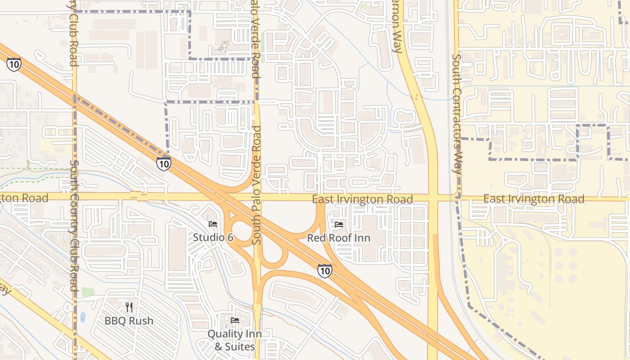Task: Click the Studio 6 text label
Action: [213, 237]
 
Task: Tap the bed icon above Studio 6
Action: [213, 224]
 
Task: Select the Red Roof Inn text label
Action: [338, 238]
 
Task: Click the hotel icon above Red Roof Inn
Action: [338, 224]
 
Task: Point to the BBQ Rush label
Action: [129, 321]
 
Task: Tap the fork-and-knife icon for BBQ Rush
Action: [129, 307]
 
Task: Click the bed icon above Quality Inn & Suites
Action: [234, 320]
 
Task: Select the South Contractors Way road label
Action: [457, 114]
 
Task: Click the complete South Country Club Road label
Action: [74, 229]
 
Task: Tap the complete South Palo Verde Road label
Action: [256, 185]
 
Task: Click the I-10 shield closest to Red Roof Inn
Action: [324, 270]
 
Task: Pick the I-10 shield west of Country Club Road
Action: [13, 64]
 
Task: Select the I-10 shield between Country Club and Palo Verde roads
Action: [164, 164]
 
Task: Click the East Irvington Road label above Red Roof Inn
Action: [363, 199]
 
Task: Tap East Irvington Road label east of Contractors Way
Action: [534, 199]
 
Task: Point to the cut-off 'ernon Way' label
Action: [396, 27]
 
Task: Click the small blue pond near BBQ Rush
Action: [83, 317]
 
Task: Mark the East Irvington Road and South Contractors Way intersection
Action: [458, 198]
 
